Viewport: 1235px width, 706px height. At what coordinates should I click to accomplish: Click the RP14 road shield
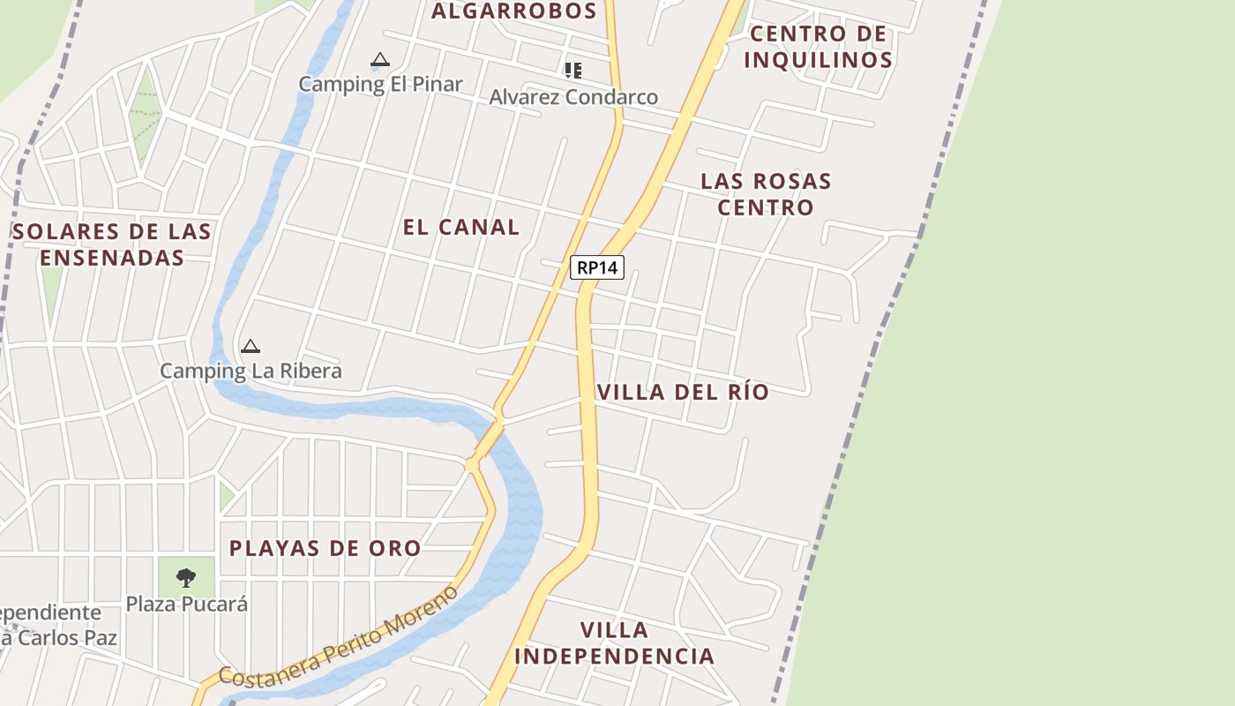point(597,267)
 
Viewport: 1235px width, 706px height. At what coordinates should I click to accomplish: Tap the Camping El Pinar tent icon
point(380,60)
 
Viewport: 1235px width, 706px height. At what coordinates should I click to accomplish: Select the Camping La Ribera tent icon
point(251,346)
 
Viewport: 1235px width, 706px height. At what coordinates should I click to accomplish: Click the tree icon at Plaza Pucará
point(185,578)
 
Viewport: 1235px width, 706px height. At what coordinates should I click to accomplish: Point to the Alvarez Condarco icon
point(573,70)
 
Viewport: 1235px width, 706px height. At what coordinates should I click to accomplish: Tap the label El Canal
point(460,227)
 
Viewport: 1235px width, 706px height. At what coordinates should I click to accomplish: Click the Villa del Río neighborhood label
point(683,392)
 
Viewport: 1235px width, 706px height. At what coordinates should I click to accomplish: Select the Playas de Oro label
point(325,548)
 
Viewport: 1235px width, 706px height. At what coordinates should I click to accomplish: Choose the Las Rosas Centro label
point(766,194)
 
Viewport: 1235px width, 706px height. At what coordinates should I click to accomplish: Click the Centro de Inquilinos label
point(818,47)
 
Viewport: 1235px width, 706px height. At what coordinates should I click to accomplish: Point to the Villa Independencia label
point(614,643)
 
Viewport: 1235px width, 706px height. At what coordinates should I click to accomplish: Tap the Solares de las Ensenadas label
point(112,244)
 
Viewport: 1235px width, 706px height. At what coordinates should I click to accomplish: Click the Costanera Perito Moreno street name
point(340,636)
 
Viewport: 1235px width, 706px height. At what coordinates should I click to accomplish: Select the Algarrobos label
point(513,11)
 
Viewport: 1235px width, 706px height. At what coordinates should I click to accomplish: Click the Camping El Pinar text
point(380,84)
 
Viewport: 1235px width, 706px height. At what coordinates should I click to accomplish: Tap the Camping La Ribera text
point(251,371)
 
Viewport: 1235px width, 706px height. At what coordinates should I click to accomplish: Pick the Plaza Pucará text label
point(186,605)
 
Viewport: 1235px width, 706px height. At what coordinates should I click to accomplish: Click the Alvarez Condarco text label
point(573,97)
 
